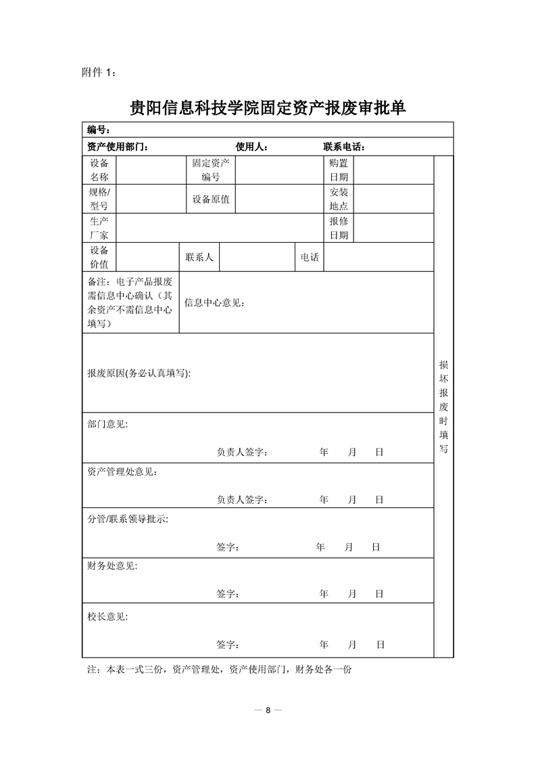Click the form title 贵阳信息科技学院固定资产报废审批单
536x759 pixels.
(x=268, y=108)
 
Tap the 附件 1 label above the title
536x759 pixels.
(x=98, y=72)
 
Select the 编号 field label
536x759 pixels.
(x=99, y=130)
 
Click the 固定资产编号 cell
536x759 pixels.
(x=210, y=170)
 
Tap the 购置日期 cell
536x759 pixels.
(x=339, y=170)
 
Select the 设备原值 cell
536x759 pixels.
(x=210, y=199)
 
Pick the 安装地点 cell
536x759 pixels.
(x=339, y=199)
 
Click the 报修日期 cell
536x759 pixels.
(x=339, y=228)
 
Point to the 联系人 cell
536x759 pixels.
(x=199, y=258)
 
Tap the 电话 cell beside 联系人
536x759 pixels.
(x=310, y=258)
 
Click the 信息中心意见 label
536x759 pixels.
(x=214, y=302)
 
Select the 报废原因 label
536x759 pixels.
(x=139, y=373)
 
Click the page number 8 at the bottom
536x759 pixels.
(x=268, y=710)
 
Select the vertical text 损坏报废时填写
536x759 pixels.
(x=443, y=406)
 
